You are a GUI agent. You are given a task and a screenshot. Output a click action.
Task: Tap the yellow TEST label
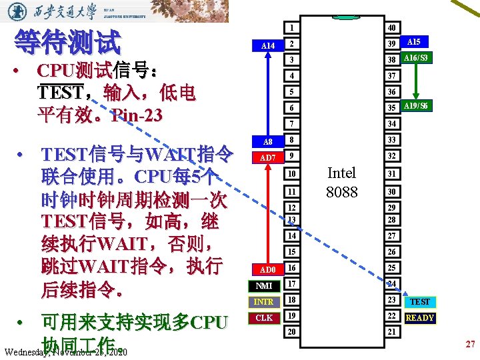419,302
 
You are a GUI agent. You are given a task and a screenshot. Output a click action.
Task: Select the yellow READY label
419,318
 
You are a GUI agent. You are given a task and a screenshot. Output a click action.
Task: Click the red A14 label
267,45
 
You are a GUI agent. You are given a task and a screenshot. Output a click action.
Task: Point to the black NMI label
264,285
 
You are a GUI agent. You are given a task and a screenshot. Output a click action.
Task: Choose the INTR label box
264,302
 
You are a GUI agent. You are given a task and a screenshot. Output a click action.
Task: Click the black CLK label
264,318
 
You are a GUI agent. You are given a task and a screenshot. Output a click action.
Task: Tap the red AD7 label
267,157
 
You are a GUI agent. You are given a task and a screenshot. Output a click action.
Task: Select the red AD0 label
267,269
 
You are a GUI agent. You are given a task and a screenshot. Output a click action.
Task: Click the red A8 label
267,141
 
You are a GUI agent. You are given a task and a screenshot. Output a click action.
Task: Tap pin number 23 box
392,300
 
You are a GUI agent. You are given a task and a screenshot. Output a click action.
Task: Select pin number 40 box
392,28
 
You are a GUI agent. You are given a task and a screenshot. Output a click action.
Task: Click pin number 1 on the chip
292,28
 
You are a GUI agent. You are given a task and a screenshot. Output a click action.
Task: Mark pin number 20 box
292,331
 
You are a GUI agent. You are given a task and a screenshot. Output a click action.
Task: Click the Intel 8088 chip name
342,182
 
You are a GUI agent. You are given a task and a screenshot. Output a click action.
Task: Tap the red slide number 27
470,344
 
